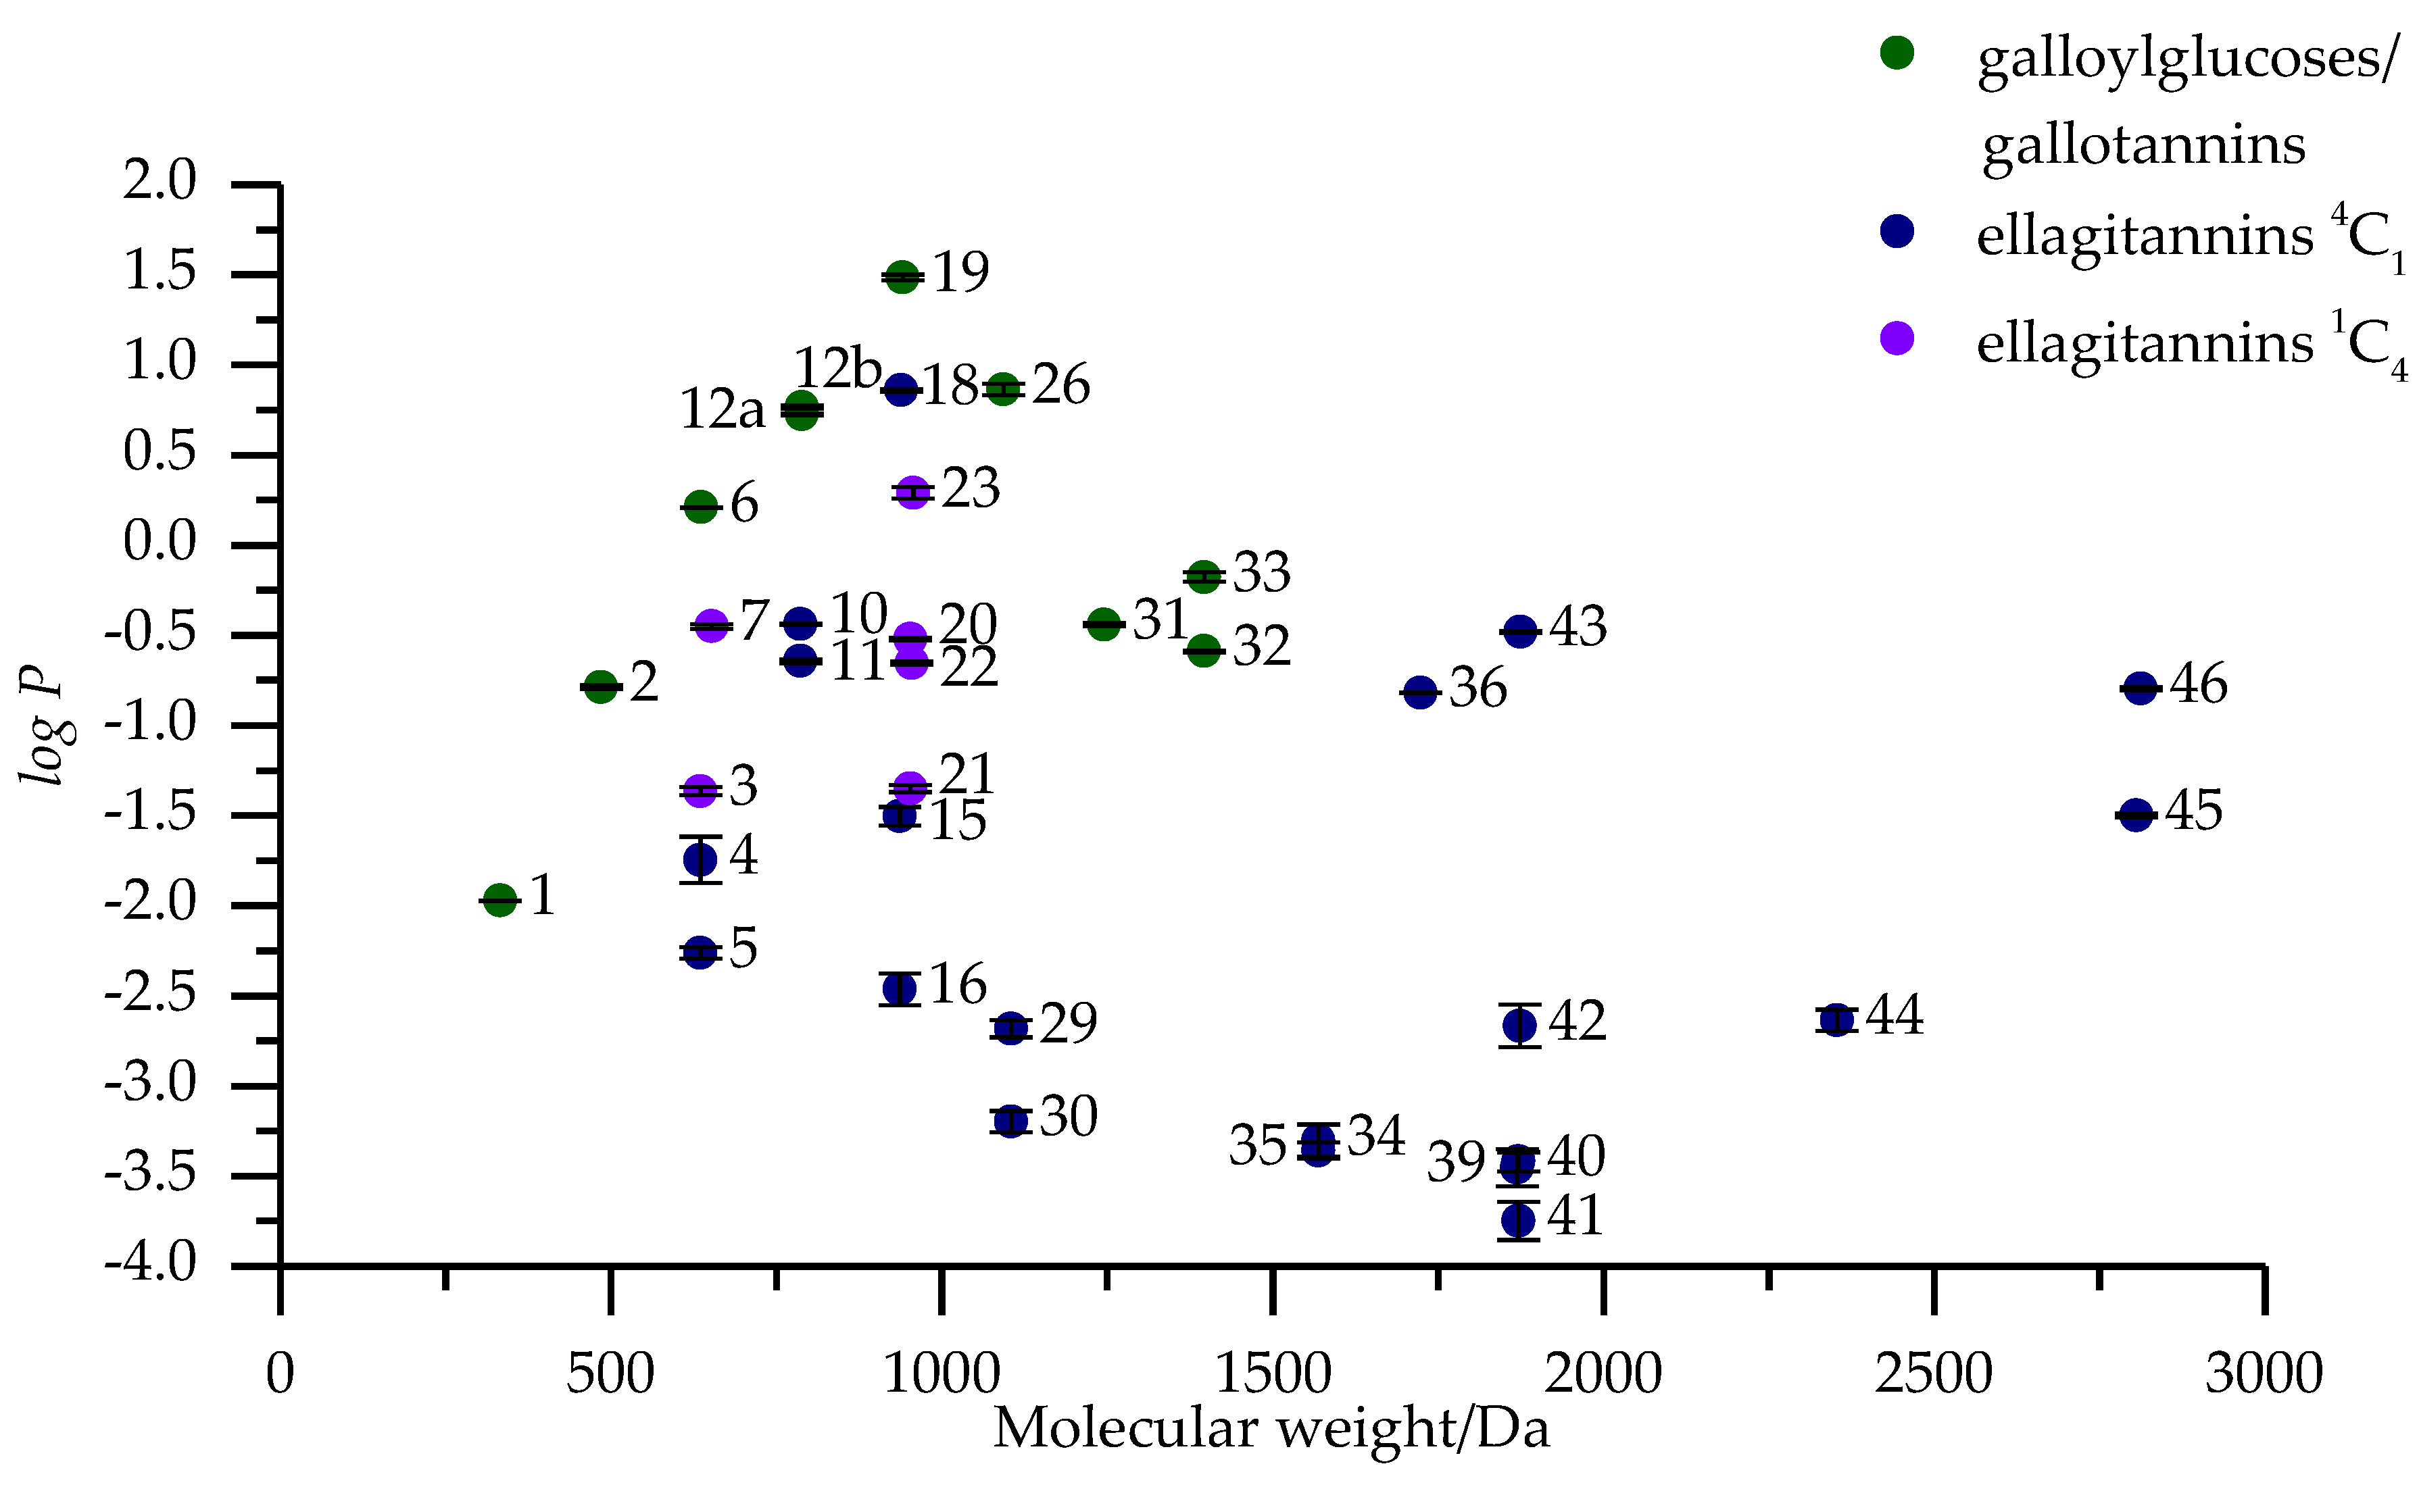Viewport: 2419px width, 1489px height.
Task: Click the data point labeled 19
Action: (902, 278)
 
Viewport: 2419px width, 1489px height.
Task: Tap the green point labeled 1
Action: (500, 899)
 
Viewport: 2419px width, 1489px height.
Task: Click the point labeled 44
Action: (1836, 1019)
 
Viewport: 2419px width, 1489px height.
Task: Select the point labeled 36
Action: (1419, 692)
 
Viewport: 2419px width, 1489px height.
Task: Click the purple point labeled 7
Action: (711, 626)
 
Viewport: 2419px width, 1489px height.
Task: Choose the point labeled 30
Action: (1010, 1121)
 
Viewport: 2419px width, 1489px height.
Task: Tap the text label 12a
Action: (722, 409)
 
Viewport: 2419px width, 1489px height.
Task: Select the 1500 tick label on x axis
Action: (1273, 1373)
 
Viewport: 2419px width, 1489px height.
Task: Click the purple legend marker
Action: (1897, 338)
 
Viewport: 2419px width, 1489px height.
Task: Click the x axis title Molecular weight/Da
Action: (1271, 1429)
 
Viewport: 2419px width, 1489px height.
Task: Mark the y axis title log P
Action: (43, 725)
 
